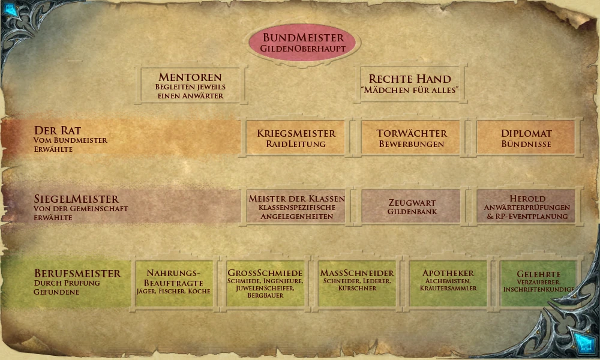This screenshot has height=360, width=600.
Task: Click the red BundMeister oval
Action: [302, 42]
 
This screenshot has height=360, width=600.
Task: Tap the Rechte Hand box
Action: [410, 84]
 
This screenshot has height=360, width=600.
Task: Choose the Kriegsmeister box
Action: [296, 138]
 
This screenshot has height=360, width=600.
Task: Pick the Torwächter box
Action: [412, 138]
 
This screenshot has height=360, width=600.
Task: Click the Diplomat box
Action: [526, 138]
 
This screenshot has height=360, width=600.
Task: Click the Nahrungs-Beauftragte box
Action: [174, 283]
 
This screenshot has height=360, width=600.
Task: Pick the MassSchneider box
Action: [357, 282]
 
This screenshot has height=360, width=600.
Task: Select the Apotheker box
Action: [448, 282]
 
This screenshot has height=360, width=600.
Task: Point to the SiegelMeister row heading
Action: [77, 199]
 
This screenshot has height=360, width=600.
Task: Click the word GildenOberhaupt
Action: [302, 48]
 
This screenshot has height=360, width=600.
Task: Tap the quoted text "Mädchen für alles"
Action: [410, 91]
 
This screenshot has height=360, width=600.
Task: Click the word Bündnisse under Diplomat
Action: [526, 144]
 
